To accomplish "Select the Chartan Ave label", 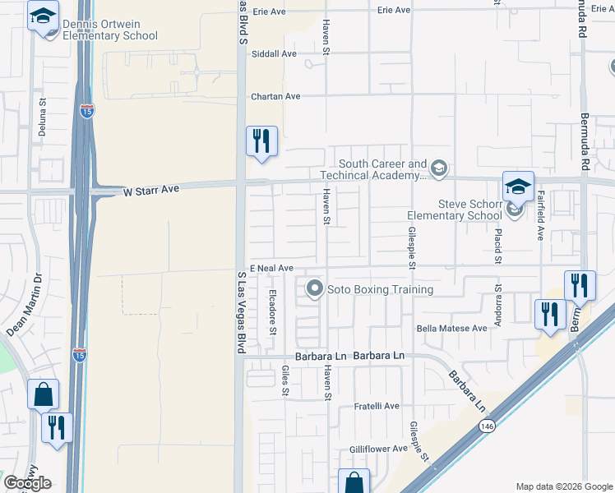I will (x=275, y=96).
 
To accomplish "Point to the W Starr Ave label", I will (x=150, y=190).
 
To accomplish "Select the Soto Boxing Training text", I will (x=380, y=289).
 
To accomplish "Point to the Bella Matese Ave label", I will (x=451, y=328).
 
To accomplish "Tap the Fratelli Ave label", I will (x=377, y=406).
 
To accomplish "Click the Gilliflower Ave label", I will (x=377, y=449).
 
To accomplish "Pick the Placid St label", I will (x=499, y=246).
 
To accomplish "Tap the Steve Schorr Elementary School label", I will (x=455, y=210).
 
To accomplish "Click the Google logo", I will (x=27, y=483).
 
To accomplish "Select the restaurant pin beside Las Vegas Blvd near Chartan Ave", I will (x=261, y=142).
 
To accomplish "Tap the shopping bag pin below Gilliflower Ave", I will (x=354, y=482).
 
